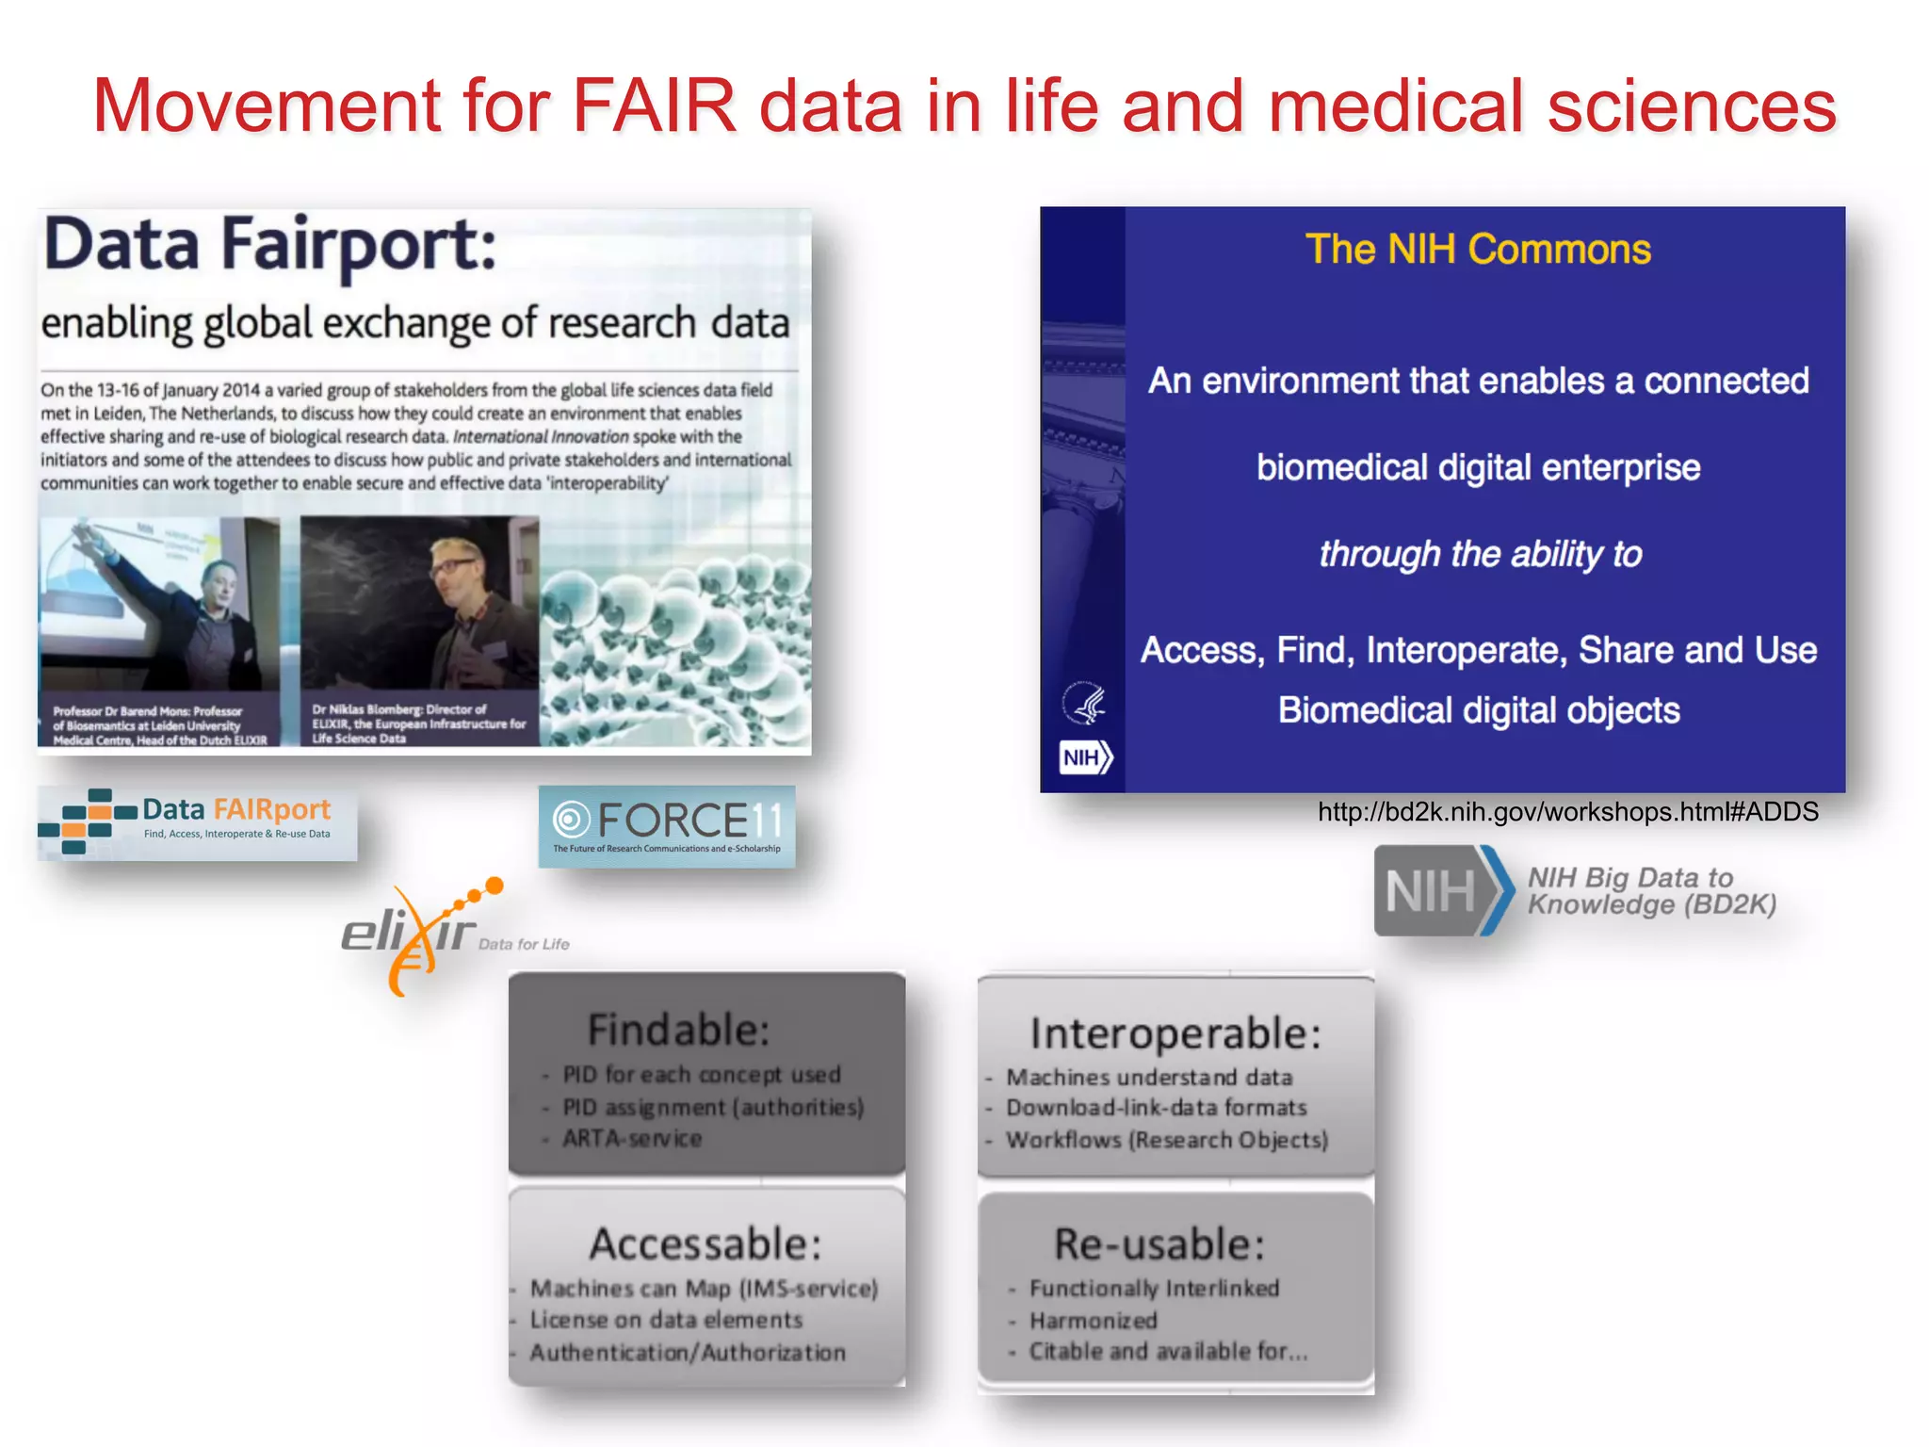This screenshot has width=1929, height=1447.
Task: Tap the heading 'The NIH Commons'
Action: (1477, 250)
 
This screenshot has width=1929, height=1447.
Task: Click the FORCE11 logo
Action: (667, 825)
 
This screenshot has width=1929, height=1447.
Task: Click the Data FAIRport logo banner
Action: (197, 821)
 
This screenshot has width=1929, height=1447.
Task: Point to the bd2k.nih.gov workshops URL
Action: (1567, 812)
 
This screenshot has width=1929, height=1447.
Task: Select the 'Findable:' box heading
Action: (678, 1030)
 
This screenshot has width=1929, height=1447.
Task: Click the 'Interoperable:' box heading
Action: (1175, 1033)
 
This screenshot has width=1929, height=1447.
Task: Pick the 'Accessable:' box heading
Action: (705, 1244)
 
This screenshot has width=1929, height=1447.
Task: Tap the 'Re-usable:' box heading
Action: (1159, 1244)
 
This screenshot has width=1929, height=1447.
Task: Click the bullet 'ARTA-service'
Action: (632, 1139)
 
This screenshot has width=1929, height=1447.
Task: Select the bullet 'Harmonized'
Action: (1093, 1321)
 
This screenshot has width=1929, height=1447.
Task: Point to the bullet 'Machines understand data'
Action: (1149, 1077)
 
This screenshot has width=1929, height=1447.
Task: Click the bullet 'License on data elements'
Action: (666, 1320)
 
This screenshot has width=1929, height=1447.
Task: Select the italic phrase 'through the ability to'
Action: (1480, 555)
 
